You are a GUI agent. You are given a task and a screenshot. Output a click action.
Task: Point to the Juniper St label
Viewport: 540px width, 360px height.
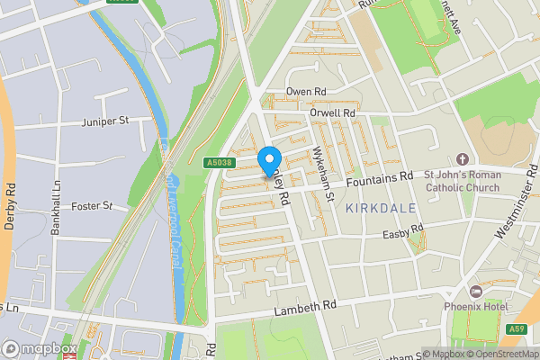(104, 120)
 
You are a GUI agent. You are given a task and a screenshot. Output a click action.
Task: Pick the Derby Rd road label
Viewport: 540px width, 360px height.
(11, 207)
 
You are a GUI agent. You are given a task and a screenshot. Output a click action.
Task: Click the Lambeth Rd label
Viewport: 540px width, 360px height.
(305, 306)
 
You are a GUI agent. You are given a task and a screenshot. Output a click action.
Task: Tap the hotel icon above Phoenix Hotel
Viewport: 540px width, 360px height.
(475, 292)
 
